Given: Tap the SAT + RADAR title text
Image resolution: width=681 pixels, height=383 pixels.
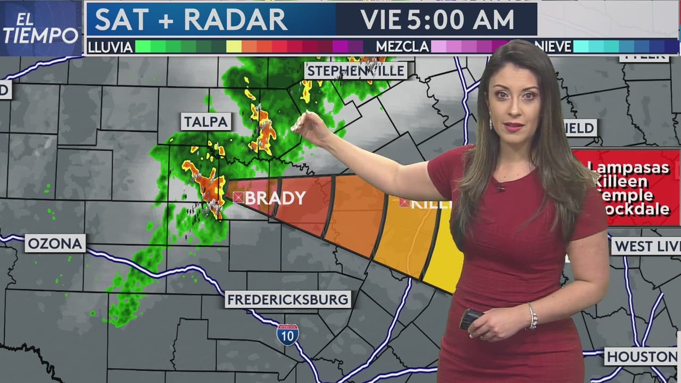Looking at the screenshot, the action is pyautogui.click(x=191, y=20).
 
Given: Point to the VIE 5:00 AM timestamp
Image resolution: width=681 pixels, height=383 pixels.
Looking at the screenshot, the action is pyautogui.click(x=437, y=20).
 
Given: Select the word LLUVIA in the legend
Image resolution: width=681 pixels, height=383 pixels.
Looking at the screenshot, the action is pyautogui.click(x=110, y=47).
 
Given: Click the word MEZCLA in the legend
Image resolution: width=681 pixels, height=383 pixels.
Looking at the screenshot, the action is pyautogui.click(x=402, y=47).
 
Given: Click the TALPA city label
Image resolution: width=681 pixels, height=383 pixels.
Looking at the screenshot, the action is pyautogui.click(x=206, y=122).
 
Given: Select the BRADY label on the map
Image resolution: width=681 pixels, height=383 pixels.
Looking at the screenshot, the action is pyautogui.click(x=275, y=198).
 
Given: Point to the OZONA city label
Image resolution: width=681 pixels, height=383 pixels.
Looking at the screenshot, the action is pyautogui.click(x=55, y=244).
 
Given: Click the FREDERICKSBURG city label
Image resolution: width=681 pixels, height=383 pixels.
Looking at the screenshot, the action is pyautogui.click(x=288, y=299).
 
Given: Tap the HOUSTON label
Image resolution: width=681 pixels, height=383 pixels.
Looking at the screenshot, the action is pyautogui.click(x=641, y=356).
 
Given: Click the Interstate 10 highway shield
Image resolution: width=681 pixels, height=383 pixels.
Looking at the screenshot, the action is pyautogui.click(x=287, y=335).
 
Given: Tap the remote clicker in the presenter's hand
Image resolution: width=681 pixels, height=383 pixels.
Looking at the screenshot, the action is pyautogui.click(x=470, y=319).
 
